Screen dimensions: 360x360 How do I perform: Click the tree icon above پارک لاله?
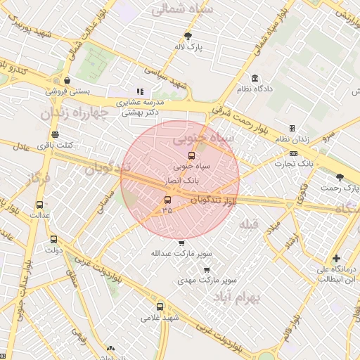tap(188, 36)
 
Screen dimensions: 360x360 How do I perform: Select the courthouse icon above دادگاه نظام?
tap(254, 78)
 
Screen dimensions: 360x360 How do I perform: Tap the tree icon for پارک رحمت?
tap(340, 177)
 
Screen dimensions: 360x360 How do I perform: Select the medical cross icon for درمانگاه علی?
tap(337, 259)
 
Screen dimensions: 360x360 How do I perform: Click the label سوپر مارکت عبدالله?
tap(181, 253)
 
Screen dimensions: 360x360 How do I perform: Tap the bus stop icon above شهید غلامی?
tap(160, 307)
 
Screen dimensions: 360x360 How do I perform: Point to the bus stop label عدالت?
tap(39, 215)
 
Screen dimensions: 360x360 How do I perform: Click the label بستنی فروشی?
tap(67, 91)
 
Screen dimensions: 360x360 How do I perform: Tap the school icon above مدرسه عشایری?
tap(140, 91)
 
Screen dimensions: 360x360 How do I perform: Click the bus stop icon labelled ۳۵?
tap(167, 200)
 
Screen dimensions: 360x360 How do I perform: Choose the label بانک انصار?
tap(181, 180)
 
